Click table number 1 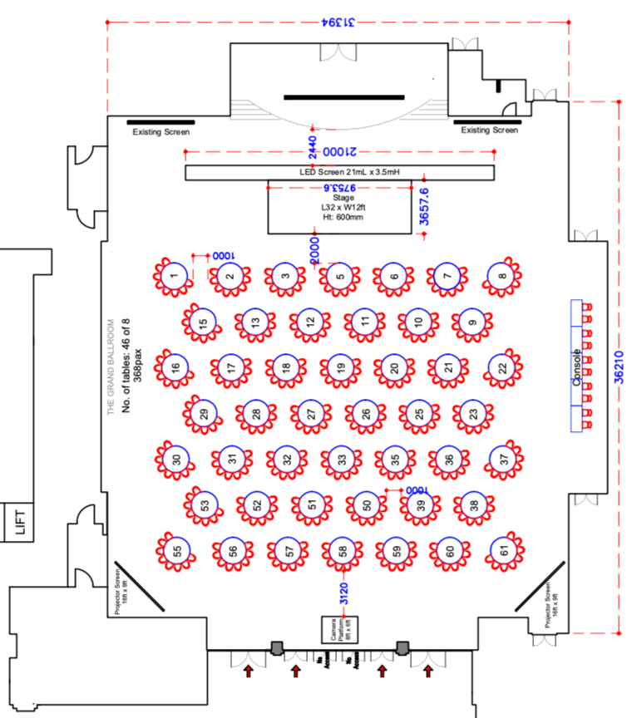click(x=174, y=276)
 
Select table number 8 click(x=499, y=276)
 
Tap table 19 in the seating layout click(x=338, y=366)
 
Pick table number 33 click(x=341, y=458)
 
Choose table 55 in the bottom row click(x=176, y=550)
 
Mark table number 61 click(x=503, y=549)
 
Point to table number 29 click(x=202, y=413)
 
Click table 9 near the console click(x=472, y=322)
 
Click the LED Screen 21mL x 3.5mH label click(x=338, y=172)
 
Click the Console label click(x=576, y=366)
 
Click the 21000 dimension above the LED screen click(x=339, y=153)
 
